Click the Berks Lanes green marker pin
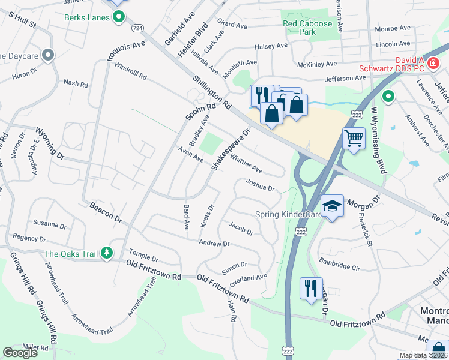pyautogui.click(x=119, y=18)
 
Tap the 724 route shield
pyautogui.click(x=138, y=28)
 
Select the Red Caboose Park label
pyautogui.click(x=307, y=28)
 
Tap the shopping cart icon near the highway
pyautogui.click(x=354, y=139)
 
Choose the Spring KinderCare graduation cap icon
pyautogui.click(x=331, y=206)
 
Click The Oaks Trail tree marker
pyautogui.click(x=106, y=254)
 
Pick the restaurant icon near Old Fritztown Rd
pyautogui.click(x=311, y=289)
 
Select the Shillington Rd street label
pyautogui.click(x=212, y=92)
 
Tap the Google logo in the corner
pyautogui.click(x=20, y=353)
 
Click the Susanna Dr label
pyautogui.click(x=50, y=224)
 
